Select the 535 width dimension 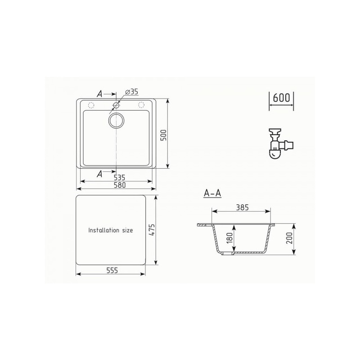(119, 178)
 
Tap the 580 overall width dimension (119, 185)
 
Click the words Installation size (111, 230)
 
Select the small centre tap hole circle (116, 105)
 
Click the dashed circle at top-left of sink (91, 105)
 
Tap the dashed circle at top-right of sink (142, 105)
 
